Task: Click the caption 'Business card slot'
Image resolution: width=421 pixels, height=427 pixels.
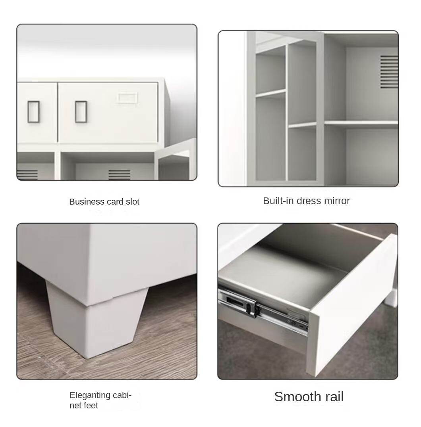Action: click(x=104, y=201)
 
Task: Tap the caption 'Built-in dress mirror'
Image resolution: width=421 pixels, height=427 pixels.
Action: click(x=306, y=201)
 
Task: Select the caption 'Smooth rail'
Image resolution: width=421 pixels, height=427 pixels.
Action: click(x=309, y=396)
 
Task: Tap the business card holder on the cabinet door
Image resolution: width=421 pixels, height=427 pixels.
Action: click(x=127, y=98)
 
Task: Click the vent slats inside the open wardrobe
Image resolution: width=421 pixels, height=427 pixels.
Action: click(x=389, y=71)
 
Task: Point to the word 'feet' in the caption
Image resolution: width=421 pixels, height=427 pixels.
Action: click(x=91, y=406)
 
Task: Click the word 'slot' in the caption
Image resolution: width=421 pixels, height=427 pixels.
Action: click(x=133, y=201)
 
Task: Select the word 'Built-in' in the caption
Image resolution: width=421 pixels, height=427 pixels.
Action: click(x=278, y=201)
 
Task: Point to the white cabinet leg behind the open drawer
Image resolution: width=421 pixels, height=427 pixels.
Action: click(x=392, y=297)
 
